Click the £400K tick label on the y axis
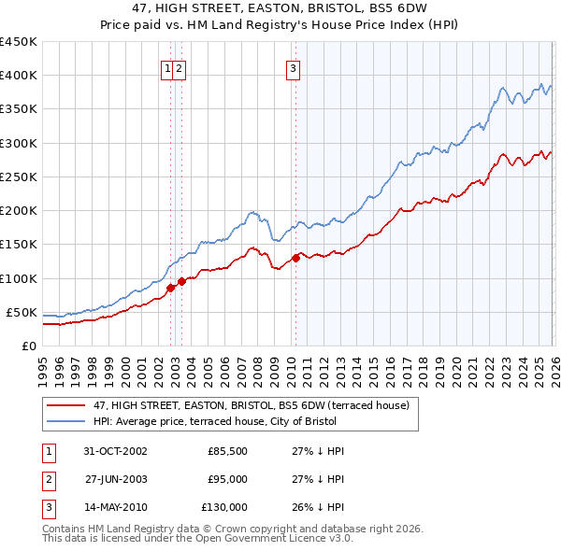[x=18, y=76]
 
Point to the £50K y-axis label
[x=22, y=312]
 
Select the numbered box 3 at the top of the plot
[x=293, y=67]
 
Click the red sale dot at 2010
[x=295, y=258]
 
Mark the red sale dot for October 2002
[x=171, y=288]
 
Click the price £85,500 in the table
[x=227, y=451]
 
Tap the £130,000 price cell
[x=224, y=507]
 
